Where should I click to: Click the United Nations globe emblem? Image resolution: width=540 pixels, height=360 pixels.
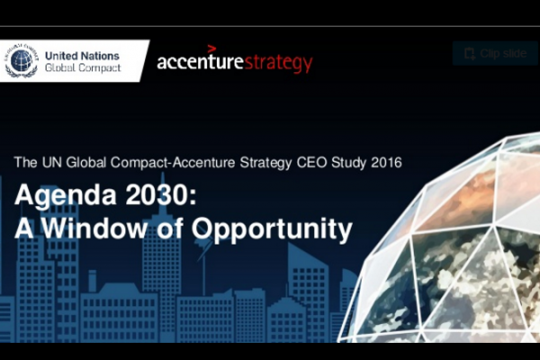coord(22,60)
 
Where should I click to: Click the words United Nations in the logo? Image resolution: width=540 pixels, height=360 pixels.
coord(82,56)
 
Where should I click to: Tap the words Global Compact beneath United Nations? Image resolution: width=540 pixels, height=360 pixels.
coord(83,67)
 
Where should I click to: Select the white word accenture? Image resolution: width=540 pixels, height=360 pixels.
coord(200,62)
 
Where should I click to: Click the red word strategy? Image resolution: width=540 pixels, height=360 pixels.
coord(278,63)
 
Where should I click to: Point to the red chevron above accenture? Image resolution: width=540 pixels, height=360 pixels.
coord(211,49)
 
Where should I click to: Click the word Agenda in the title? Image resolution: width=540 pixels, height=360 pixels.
coord(66,195)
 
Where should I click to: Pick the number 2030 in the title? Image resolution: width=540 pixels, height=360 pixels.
coord(157,194)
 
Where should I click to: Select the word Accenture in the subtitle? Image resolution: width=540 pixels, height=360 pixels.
coord(203,162)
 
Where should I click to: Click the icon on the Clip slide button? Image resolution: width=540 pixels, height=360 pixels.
coord(470,54)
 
